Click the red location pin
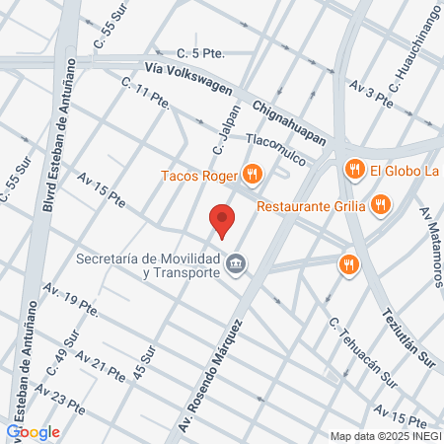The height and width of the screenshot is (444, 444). (222, 220)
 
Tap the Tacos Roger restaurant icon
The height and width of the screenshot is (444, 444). (253, 177)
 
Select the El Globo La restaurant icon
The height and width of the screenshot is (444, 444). (354, 171)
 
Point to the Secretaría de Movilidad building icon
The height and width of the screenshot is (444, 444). (236, 263)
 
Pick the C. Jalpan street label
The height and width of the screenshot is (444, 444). (226, 129)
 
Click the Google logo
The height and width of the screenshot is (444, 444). (34, 431)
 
